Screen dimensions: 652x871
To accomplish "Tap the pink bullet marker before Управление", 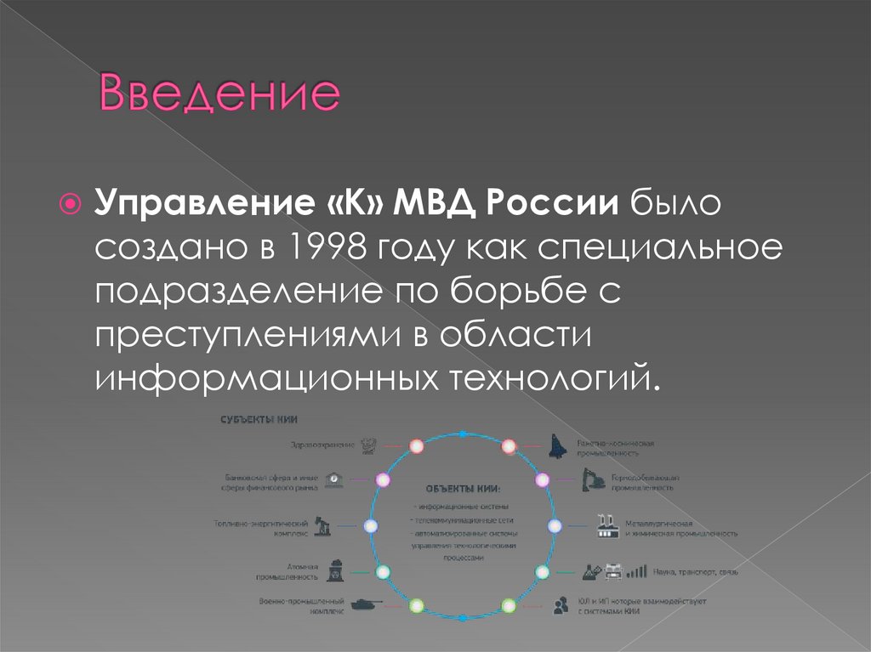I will (73, 205).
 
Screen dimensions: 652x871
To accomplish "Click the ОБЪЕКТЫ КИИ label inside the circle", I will (463, 489).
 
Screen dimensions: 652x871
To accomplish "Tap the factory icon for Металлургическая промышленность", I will (607, 525).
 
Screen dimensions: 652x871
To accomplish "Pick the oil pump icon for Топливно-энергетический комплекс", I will (322, 525).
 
